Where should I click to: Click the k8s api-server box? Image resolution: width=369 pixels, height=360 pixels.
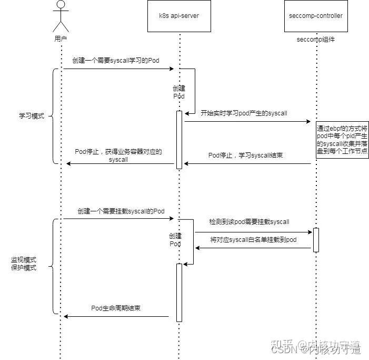179,16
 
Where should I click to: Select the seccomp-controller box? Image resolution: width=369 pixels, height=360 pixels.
316,16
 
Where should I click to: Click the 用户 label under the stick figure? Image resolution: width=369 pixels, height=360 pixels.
62,40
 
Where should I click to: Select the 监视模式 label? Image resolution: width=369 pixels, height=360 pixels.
24,260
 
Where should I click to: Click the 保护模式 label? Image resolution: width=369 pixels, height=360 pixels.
24,268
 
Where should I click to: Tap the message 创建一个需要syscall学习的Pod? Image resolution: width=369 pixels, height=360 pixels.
116,61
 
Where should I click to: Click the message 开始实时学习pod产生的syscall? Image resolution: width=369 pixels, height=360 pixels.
244,113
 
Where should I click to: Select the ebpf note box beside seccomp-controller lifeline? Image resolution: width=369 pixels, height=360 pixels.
342,140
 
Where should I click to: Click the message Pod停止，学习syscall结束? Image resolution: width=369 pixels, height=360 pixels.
246,155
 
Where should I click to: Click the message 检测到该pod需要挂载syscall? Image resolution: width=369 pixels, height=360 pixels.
249,222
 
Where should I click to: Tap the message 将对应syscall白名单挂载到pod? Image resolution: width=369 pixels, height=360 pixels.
253,240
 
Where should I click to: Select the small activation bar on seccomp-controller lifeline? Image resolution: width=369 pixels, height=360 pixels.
316,240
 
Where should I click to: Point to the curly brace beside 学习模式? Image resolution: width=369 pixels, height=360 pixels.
54,116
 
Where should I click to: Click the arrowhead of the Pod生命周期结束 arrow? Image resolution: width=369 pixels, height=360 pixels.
65,317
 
